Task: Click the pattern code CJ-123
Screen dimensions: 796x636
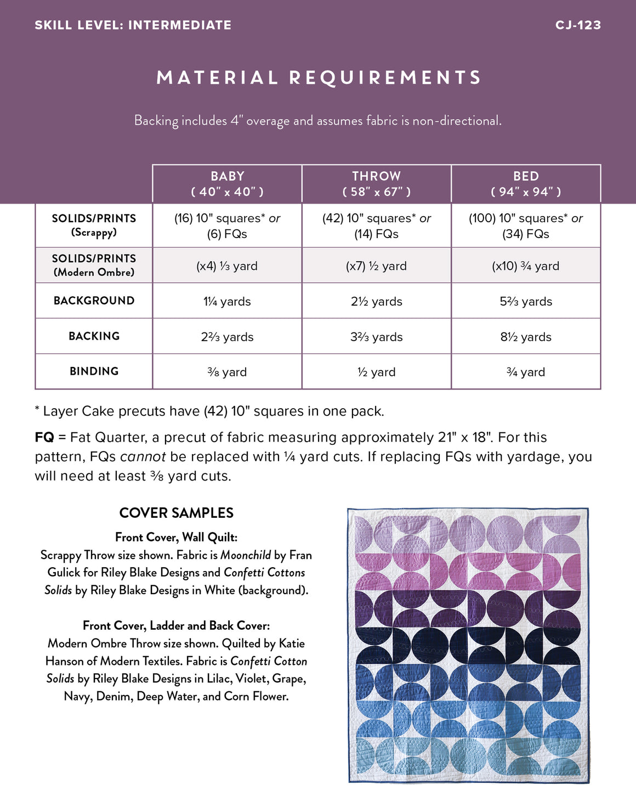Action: click(578, 25)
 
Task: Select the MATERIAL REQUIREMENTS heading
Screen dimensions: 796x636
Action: click(319, 77)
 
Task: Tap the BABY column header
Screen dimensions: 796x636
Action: click(227, 184)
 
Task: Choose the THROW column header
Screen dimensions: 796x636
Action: click(376, 184)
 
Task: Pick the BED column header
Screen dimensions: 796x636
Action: click(526, 184)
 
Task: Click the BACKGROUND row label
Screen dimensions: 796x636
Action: click(94, 301)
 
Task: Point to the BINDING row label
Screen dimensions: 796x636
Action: click(94, 371)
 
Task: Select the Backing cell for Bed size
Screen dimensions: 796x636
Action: click(526, 337)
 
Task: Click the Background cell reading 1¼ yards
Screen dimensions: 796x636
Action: click(227, 302)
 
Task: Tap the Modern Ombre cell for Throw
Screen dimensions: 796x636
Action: click(376, 266)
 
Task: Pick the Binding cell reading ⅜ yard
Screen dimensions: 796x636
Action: click(227, 372)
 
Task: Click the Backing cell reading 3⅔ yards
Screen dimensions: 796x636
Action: click(376, 337)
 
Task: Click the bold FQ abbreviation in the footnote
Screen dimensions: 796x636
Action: click(44, 437)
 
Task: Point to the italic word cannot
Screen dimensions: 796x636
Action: click(143, 457)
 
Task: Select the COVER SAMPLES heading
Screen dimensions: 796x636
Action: click(176, 513)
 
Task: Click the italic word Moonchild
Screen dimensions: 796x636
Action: click(246, 555)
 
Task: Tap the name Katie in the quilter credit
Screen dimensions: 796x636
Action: click(292, 643)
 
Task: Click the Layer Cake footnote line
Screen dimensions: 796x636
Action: click(209, 411)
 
